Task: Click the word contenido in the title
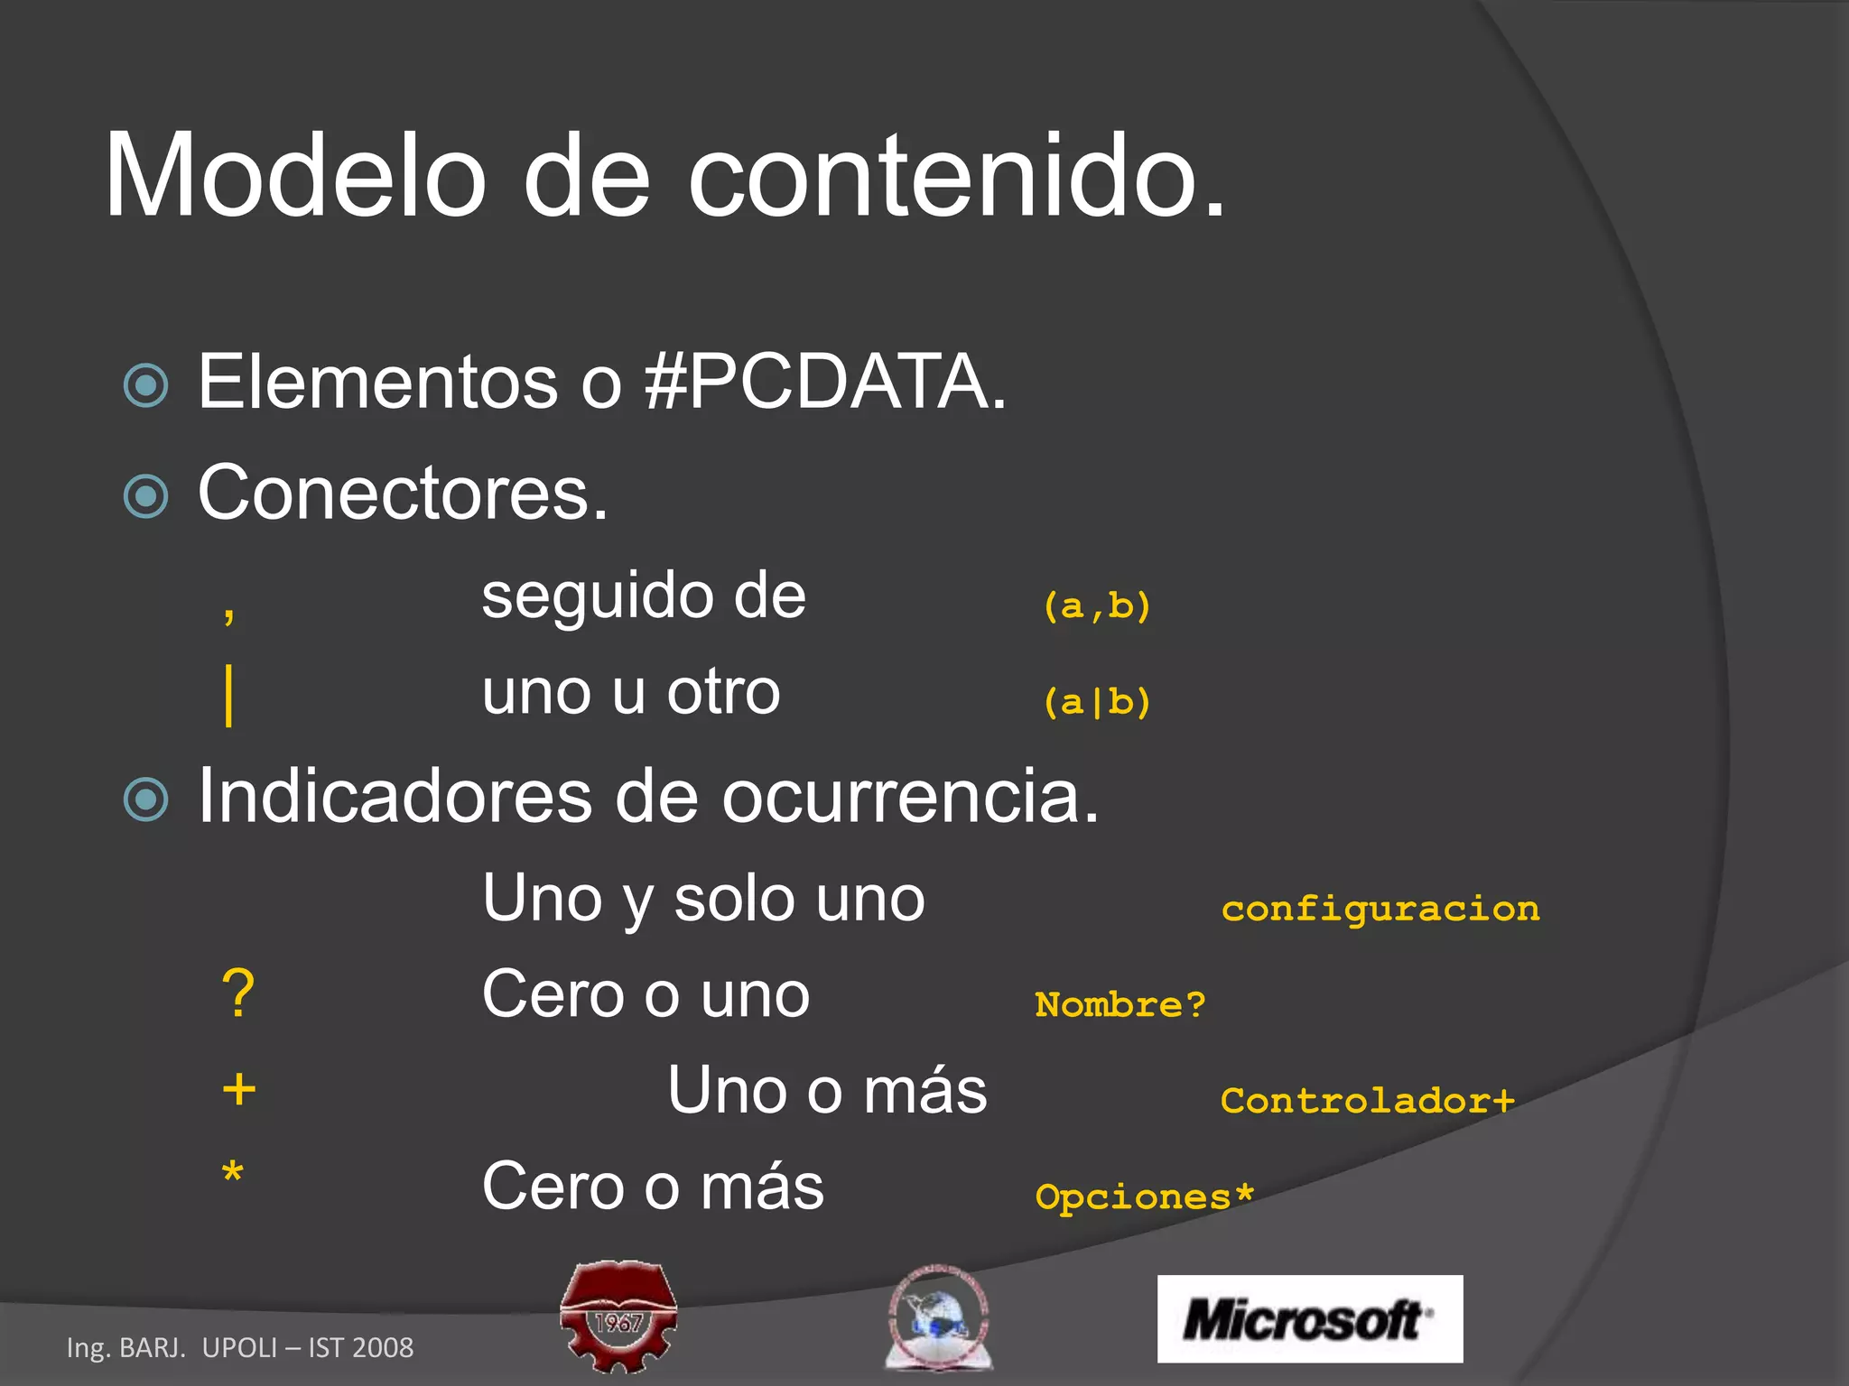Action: coord(943,175)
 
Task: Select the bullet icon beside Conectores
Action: coord(146,495)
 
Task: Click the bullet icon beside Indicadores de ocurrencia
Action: coord(146,799)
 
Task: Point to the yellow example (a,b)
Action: coord(1097,605)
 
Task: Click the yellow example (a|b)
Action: coord(1097,702)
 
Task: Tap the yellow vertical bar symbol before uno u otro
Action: coord(229,695)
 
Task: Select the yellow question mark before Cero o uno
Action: coord(238,994)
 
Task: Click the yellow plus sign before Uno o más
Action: coord(239,1089)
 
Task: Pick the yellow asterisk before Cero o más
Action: coord(233,1174)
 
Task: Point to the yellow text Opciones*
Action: coord(1144,1197)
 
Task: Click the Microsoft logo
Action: coord(1309,1318)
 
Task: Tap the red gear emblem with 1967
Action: coord(618,1316)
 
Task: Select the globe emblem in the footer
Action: coord(938,1317)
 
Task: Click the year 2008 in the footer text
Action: coord(383,1347)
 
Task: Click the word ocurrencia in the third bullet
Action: coord(910,798)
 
